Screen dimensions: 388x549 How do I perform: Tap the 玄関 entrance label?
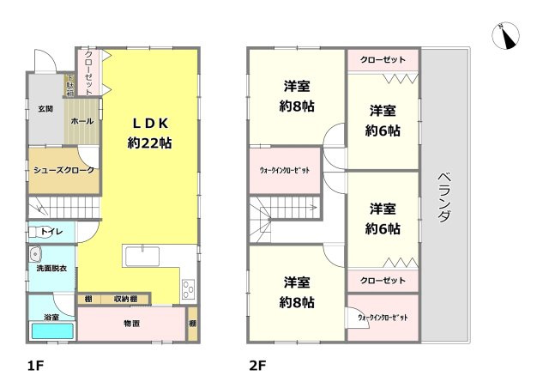click(x=45, y=109)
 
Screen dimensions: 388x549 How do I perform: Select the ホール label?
click(x=82, y=121)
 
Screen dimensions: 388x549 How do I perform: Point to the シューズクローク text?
click(x=63, y=170)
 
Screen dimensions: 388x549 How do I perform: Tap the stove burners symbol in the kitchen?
click(x=189, y=288)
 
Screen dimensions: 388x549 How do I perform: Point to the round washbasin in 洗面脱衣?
click(x=35, y=254)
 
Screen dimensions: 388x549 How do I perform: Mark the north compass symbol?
click(x=505, y=35)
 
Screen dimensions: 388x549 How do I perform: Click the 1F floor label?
click(x=34, y=365)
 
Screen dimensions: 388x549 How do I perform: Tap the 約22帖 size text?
click(x=150, y=143)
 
